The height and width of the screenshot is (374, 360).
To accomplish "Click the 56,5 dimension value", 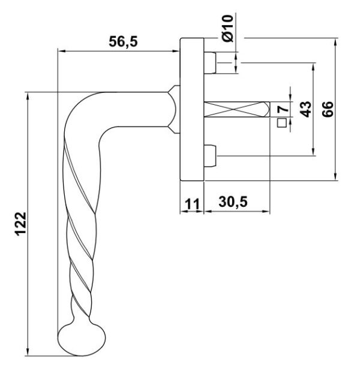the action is (124, 41).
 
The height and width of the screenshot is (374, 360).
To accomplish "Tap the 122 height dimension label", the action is (21, 224).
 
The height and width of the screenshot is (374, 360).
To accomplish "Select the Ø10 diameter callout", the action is (227, 28).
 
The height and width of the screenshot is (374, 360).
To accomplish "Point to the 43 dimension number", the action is (306, 109).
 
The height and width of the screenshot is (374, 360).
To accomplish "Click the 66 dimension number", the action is (328, 109).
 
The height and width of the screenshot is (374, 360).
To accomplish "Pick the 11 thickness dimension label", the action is (192, 204).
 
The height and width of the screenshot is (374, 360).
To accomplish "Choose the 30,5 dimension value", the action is (233, 202).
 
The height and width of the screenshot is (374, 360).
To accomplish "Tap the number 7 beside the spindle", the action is (283, 109).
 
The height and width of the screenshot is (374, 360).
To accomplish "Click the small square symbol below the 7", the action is (282, 123).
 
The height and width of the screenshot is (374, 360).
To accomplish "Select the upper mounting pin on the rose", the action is (210, 63).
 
